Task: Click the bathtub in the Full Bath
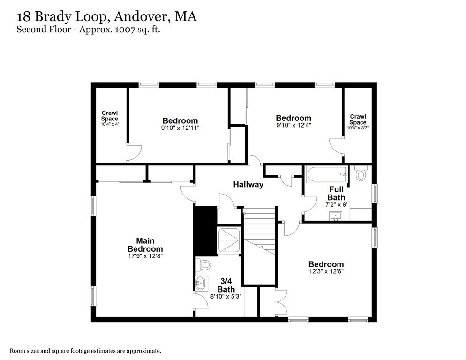(327, 175)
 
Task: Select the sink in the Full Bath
(336, 216)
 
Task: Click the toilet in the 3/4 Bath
(204, 265)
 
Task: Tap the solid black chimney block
(205, 230)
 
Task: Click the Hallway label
(248, 185)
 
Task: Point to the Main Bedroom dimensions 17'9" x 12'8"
(145, 256)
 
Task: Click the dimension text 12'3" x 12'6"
(326, 271)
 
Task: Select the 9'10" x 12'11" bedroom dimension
(180, 127)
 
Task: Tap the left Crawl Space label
(110, 116)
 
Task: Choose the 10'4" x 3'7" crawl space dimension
(358, 127)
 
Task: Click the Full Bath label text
(336, 194)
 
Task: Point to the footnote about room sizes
(86, 351)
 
